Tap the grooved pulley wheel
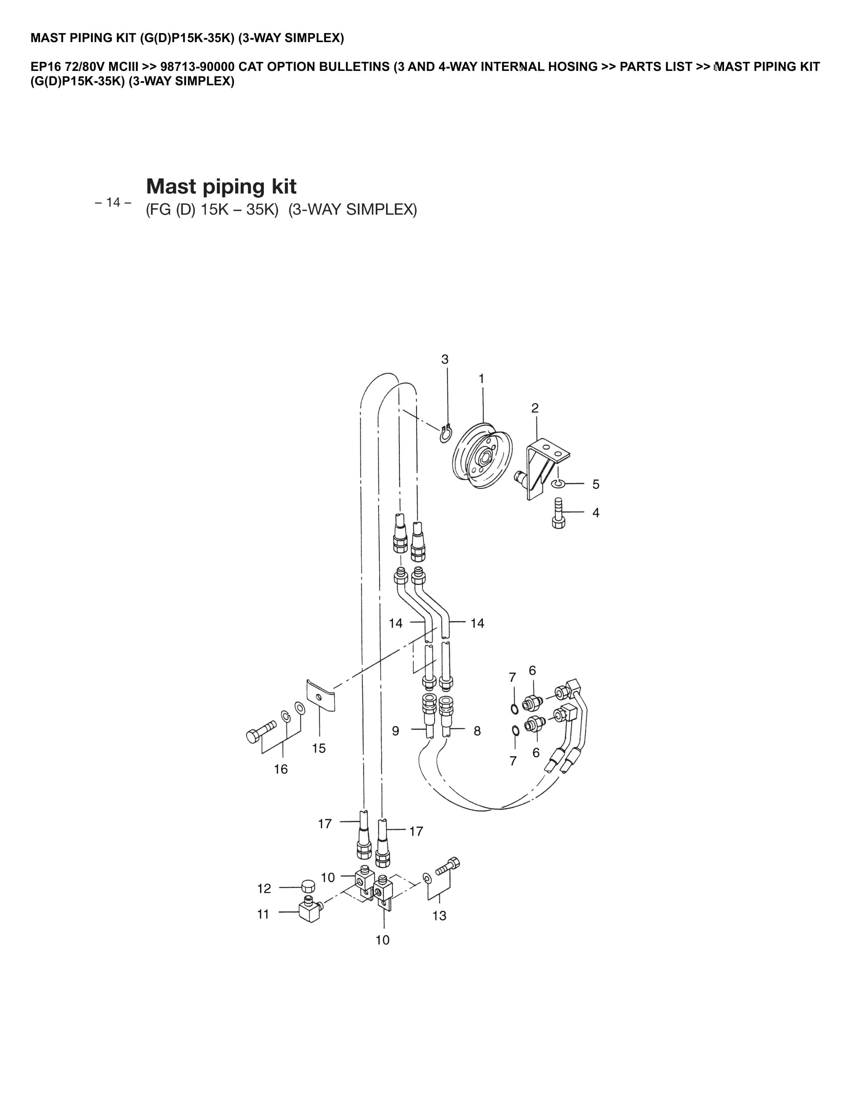482,455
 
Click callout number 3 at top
445,359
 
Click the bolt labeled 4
559,514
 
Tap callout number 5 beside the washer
595,484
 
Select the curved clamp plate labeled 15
320,695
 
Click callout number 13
439,916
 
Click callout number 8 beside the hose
477,731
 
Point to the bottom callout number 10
383,940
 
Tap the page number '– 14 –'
113,203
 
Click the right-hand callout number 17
416,832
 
